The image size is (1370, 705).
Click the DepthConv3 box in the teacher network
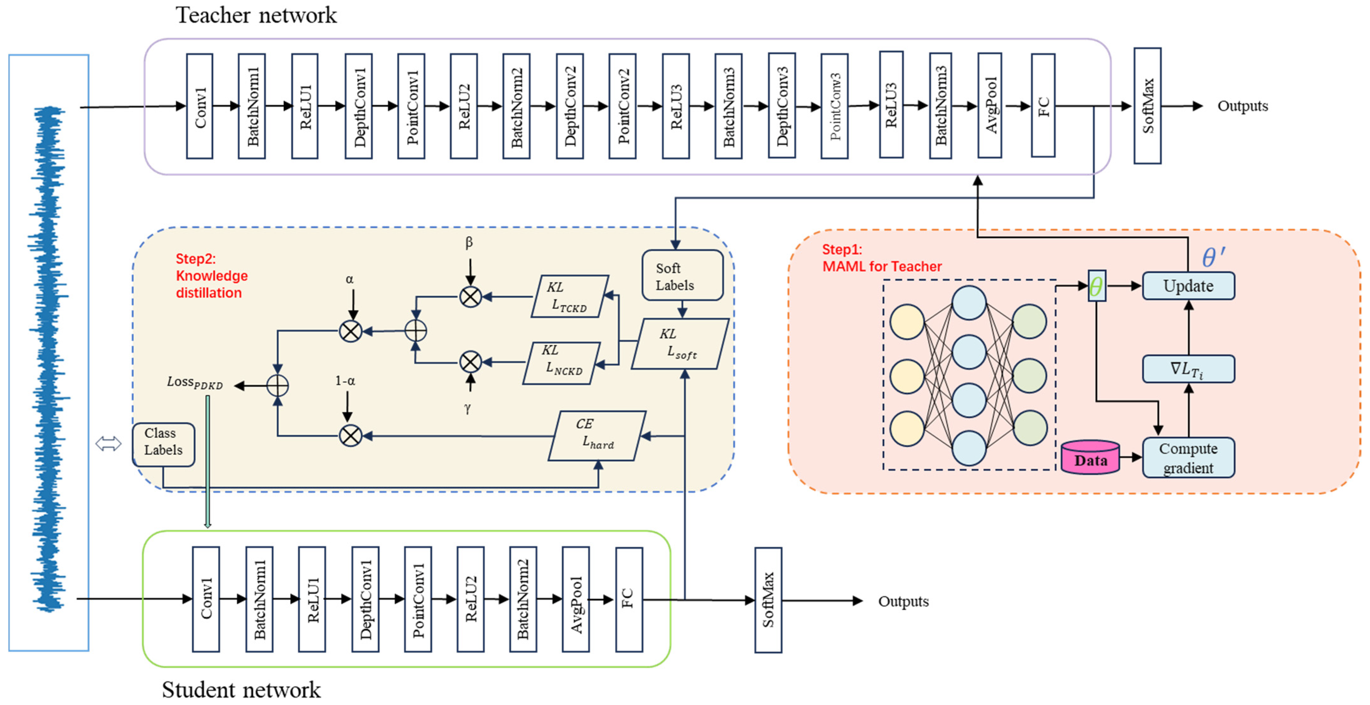click(x=781, y=106)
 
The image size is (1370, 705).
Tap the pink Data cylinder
click(x=1090, y=457)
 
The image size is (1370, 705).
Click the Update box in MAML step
click(x=1188, y=286)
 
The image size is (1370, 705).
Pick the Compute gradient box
click(x=1188, y=457)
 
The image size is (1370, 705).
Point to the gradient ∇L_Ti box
click(x=1188, y=369)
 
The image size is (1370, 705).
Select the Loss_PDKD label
click(x=195, y=383)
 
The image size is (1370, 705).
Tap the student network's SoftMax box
click(x=768, y=600)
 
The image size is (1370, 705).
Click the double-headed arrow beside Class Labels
click(x=108, y=444)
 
